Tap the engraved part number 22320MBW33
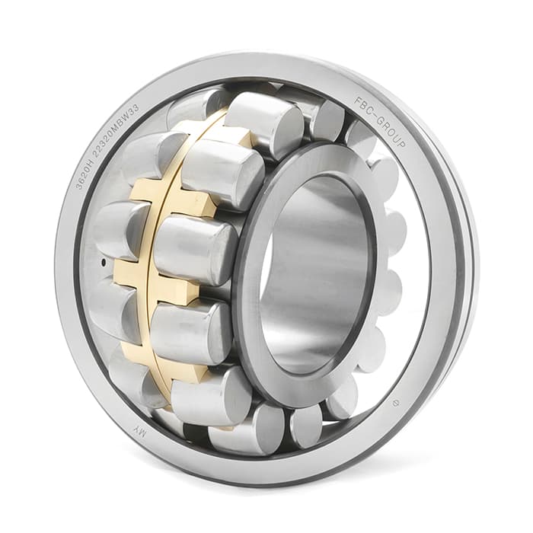click(116, 129)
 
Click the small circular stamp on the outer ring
click(395, 404)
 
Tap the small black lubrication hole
click(104, 261)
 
